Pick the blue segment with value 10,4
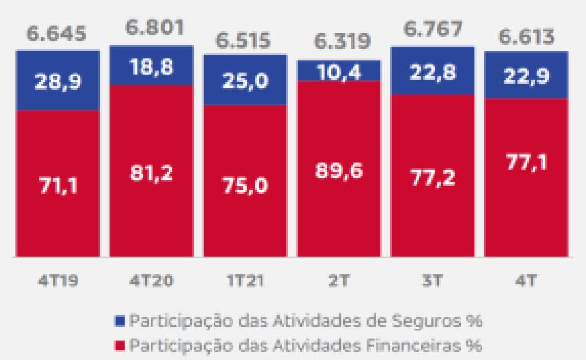[338, 71]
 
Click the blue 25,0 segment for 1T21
[245, 80]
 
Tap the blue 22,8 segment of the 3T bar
[432, 71]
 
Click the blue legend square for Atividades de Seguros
[122, 319]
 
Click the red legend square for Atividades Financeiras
[122, 345]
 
